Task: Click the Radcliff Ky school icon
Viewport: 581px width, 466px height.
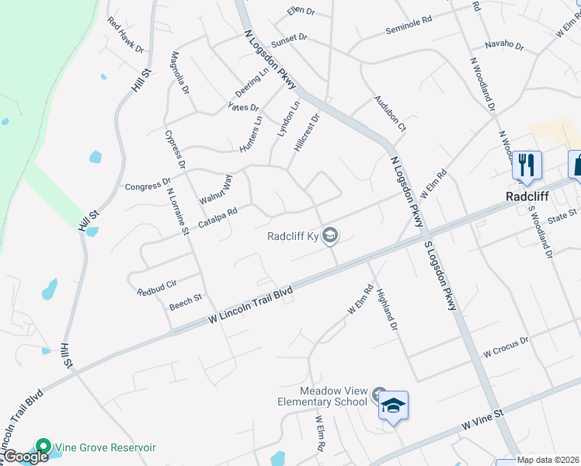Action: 331,235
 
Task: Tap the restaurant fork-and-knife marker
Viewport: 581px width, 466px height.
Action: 527,165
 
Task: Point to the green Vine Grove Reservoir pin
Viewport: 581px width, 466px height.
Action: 42,447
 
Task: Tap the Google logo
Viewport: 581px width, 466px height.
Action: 25,457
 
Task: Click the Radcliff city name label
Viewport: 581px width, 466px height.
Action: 527,196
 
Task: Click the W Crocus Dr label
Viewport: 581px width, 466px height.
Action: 506,346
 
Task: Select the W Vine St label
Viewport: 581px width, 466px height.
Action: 482,420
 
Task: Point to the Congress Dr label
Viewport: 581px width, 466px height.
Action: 148,186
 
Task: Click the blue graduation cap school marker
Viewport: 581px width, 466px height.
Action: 394,406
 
